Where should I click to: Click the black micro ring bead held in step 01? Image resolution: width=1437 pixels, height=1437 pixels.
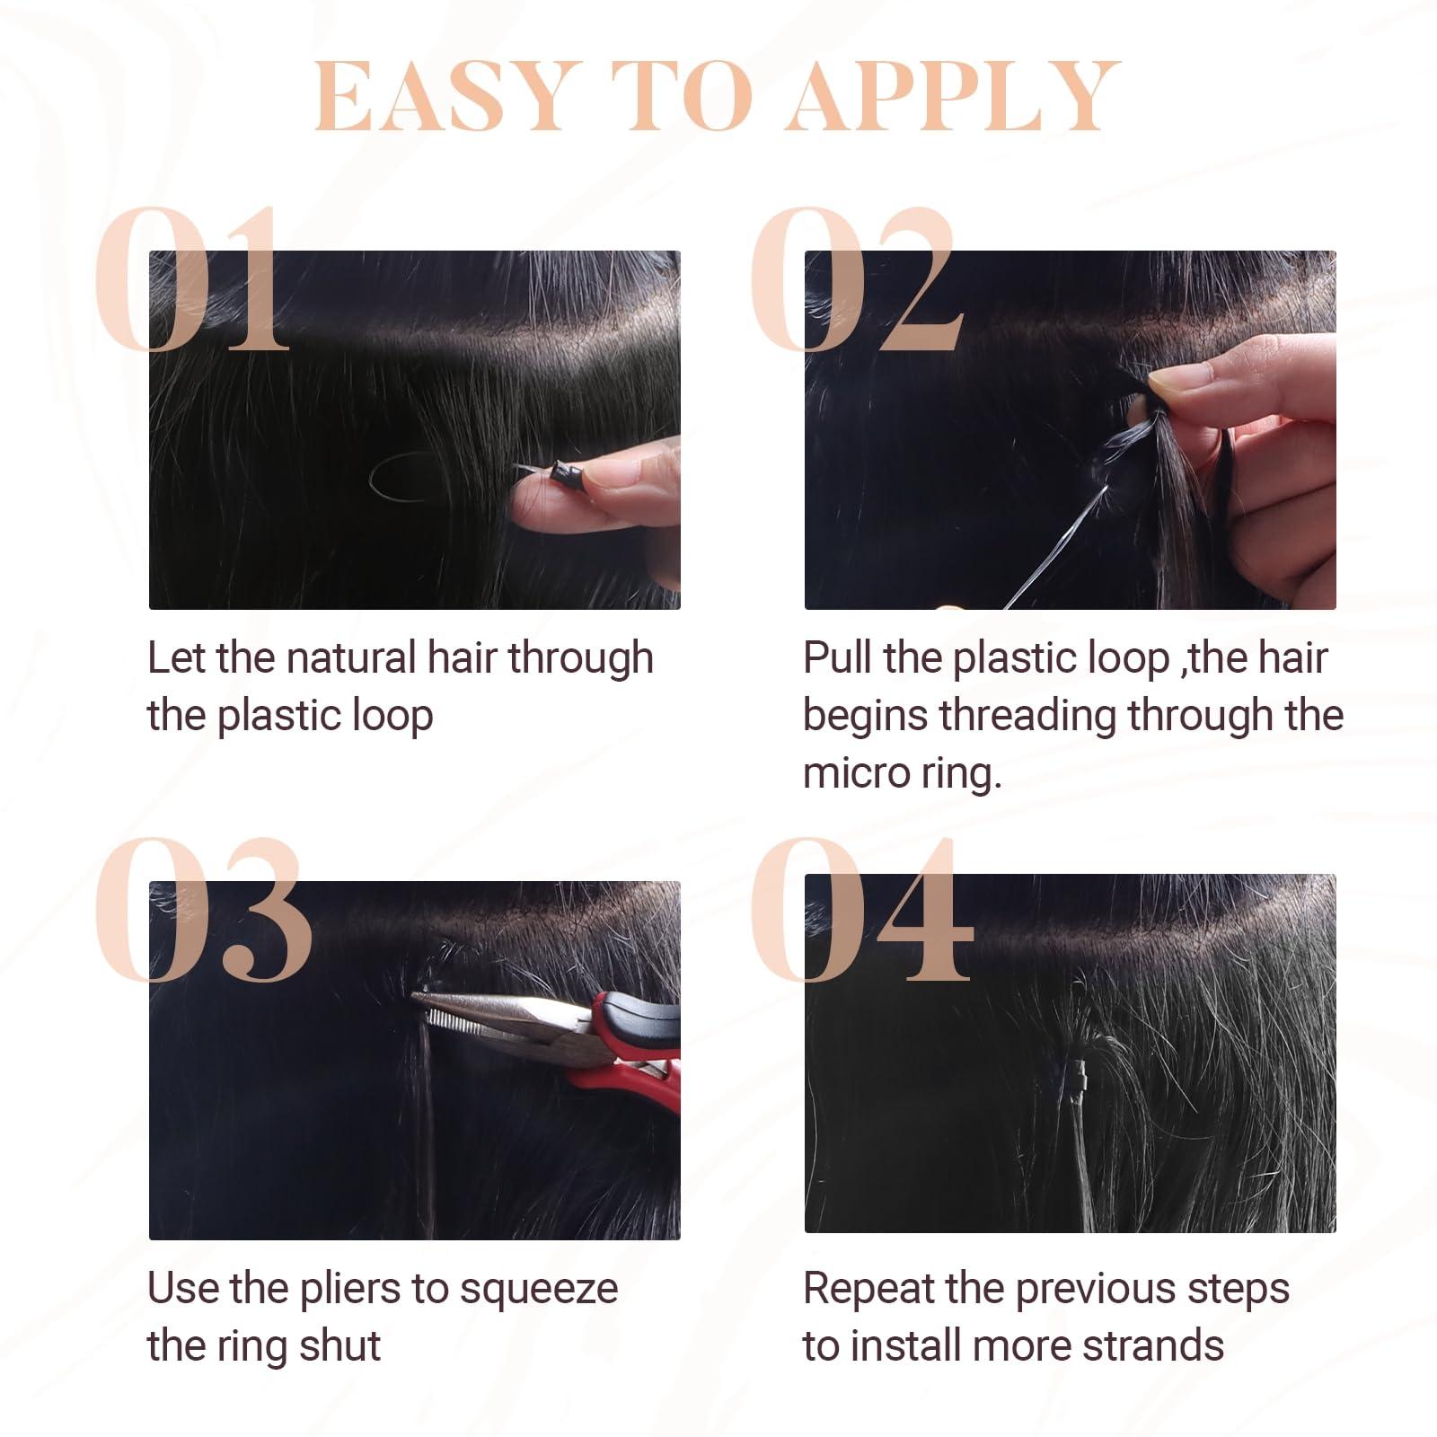tap(563, 471)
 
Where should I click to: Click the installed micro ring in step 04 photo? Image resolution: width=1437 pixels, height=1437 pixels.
tap(1077, 1072)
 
